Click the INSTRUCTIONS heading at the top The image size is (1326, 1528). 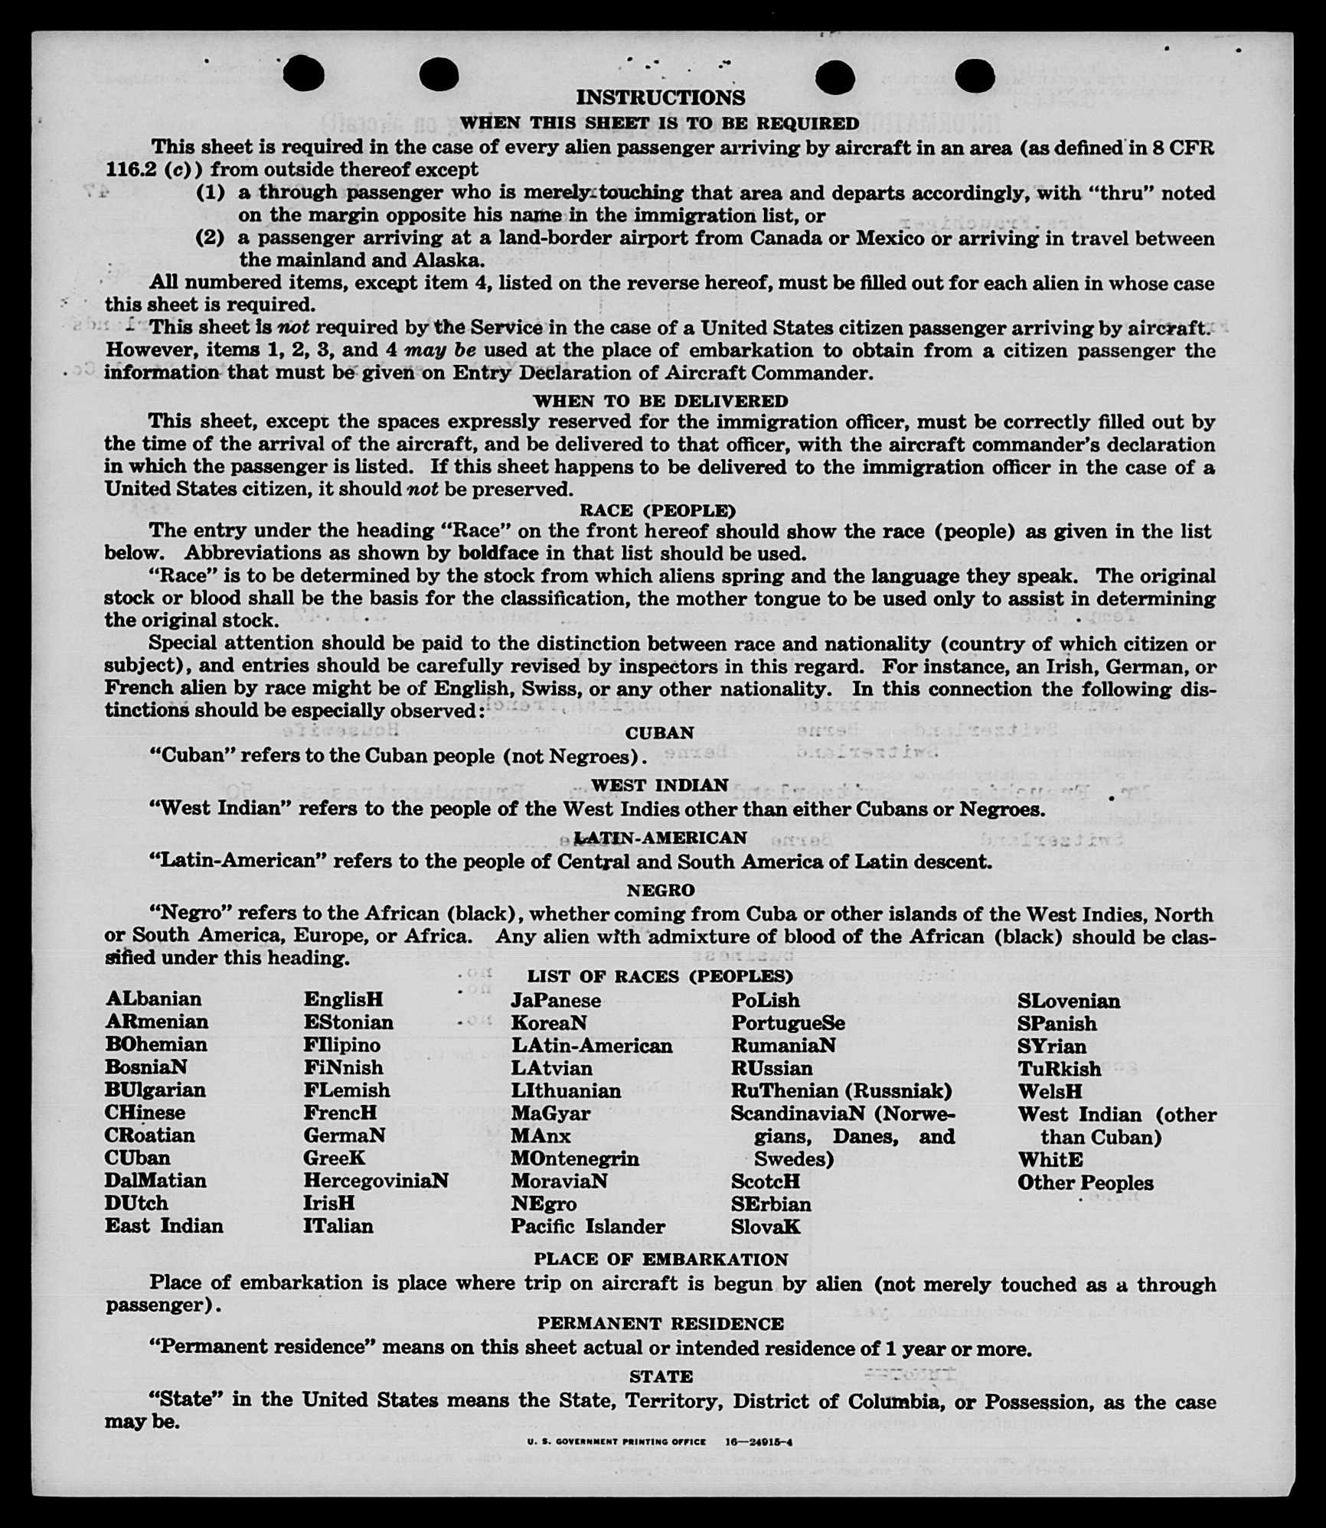point(660,98)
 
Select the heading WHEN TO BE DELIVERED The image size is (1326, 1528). point(660,401)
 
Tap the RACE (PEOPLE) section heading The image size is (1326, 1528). point(658,510)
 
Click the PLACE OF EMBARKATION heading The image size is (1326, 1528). point(660,1259)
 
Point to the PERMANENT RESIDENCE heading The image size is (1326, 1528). point(660,1324)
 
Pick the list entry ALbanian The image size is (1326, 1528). point(154,999)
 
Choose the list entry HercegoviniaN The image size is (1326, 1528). point(375,1181)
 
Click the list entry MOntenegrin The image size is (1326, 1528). point(574,1158)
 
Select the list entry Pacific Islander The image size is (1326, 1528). point(588,1227)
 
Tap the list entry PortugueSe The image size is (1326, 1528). point(788,1023)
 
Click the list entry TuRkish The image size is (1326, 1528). point(1059,1069)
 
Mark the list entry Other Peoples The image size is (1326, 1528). point(1085,1183)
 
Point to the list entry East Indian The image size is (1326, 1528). point(164,1226)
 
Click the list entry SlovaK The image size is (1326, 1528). point(765,1227)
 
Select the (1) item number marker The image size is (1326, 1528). point(211,193)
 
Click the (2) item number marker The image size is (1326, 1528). point(211,238)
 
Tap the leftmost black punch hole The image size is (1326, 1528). point(304,75)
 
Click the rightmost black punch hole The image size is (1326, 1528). point(975,75)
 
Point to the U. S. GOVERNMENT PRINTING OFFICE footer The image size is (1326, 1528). point(616,1442)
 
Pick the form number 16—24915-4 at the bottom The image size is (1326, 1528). point(759,1442)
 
